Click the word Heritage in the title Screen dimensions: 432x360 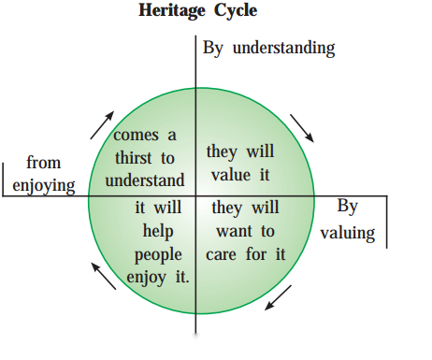[172, 11]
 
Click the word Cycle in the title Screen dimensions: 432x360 [236, 11]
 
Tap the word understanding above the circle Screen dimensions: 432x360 [283, 49]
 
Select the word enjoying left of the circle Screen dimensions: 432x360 [44, 186]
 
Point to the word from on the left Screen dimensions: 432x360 [43, 163]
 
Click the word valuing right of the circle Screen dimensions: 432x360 [348, 233]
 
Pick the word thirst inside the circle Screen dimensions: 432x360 [134, 158]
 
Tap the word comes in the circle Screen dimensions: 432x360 [136, 136]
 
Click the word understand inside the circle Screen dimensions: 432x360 [145, 180]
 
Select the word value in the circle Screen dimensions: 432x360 [231, 175]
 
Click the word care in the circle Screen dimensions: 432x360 [221, 254]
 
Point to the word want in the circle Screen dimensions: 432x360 [234, 232]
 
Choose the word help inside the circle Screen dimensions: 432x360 [158, 232]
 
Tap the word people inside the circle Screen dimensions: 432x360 [158, 255]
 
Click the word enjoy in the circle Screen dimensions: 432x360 [146, 278]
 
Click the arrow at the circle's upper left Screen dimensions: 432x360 [102, 125]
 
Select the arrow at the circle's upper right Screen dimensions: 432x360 [302, 128]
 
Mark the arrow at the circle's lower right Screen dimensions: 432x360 [278, 297]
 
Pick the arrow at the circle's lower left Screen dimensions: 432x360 [104, 276]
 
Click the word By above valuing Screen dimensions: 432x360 [348, 207]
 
